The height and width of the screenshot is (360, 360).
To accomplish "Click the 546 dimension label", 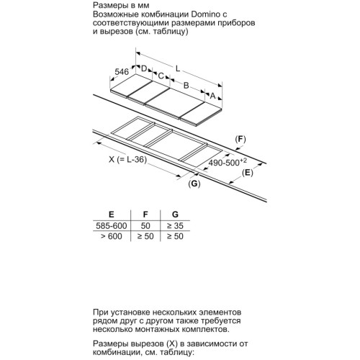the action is click(x=122, y=72).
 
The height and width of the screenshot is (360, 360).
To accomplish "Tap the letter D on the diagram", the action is click(x=144, y=68).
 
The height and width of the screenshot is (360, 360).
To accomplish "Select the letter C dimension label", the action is click(x=161, y=76).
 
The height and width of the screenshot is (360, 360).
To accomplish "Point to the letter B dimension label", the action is click(x=186, y=85).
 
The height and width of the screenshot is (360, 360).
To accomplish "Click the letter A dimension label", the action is click(x=212, y=96).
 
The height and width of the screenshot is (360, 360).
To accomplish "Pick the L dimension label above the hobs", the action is click(x=178, y=68).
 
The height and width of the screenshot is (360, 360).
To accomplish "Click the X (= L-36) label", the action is click(x=127, y=159).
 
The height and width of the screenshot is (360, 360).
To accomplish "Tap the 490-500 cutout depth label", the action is click(x=228, y=162).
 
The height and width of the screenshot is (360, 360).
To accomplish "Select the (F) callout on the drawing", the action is click(x=240, y=139).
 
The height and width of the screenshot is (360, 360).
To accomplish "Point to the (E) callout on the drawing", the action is click(x=248, y=173).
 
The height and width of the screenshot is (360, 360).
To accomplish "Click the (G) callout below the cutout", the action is click(x=194, y=184).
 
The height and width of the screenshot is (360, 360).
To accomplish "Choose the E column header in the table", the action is click(x=112, y=215).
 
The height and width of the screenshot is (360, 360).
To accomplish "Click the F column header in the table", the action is click(x=145, y=215).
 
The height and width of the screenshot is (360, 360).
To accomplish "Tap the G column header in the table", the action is click(x=175, y=215).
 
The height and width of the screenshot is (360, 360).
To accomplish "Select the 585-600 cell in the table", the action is click(x=112, y=225).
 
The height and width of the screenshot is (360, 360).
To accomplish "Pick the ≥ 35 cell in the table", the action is click(x=175, y=225).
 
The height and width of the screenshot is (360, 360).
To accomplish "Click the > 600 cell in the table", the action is click(x=112, y=236).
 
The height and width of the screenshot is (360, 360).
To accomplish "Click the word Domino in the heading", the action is click(x=205, y=14).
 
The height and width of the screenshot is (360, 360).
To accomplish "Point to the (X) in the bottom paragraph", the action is click(x=172, y=343).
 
